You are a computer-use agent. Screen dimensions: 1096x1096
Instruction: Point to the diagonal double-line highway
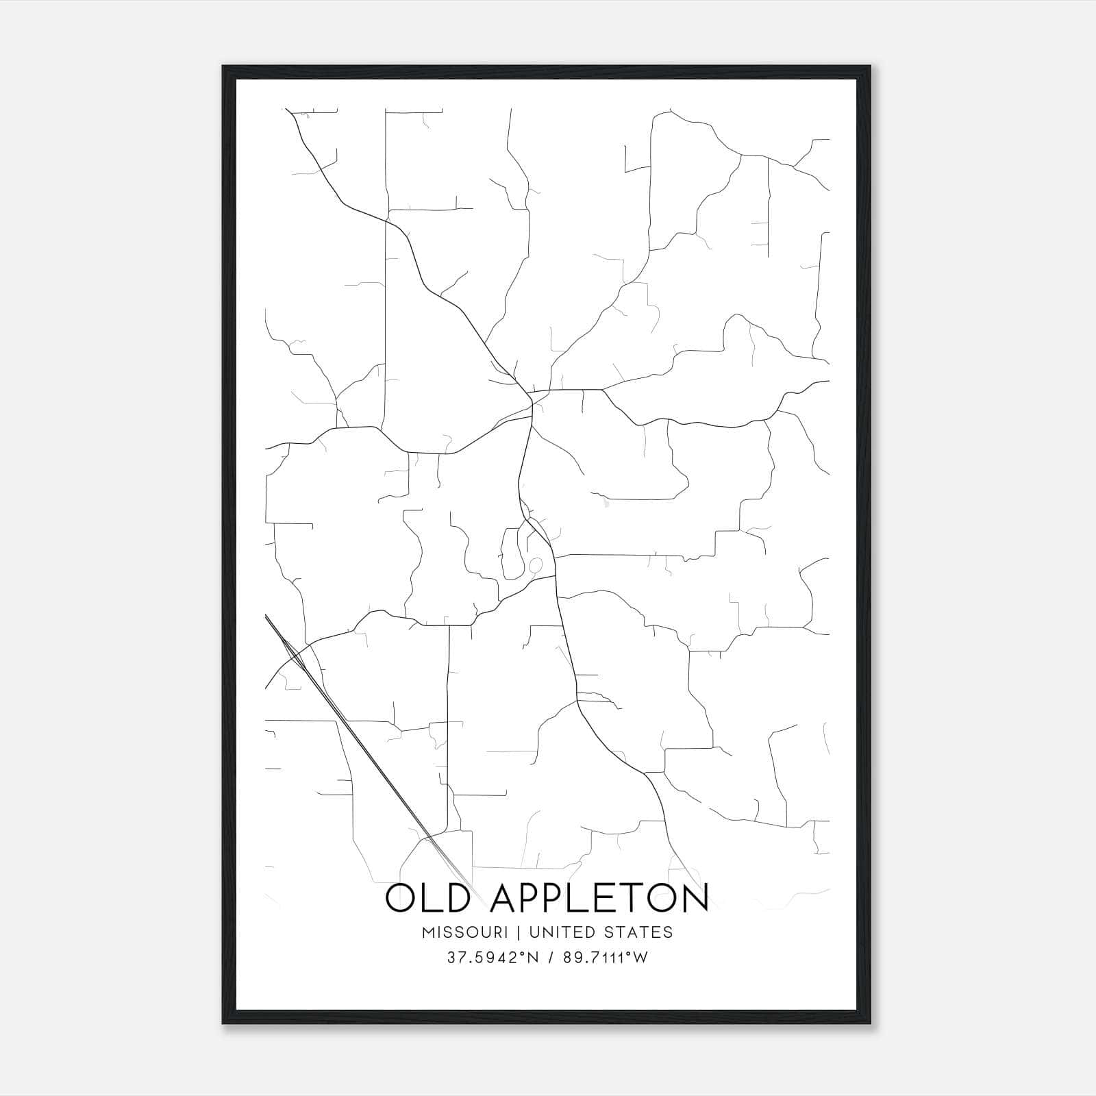[x=370, y=754]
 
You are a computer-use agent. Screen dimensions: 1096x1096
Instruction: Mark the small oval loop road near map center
[x=536, y=565]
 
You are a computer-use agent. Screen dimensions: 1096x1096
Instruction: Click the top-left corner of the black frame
[x=223, y=66]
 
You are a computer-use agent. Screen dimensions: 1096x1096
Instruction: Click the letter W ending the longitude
[x=640, y=958]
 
